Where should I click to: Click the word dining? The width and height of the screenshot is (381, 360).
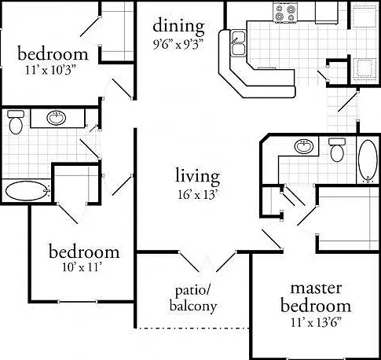178,27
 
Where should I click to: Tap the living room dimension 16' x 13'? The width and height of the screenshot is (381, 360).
197,195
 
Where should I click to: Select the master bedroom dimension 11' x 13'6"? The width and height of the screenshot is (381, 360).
316,322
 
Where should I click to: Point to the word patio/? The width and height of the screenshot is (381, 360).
192,291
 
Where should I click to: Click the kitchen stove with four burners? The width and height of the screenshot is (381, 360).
284,13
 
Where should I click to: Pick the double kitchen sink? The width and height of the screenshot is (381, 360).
238,43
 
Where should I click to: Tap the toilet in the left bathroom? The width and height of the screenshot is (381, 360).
16,122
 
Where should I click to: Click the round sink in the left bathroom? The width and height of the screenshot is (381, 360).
56,118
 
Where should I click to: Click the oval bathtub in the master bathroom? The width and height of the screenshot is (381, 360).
368,161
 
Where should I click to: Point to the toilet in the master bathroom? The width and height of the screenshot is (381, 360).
337,150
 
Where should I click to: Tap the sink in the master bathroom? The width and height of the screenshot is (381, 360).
304,146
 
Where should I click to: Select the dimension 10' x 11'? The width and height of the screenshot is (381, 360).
82,267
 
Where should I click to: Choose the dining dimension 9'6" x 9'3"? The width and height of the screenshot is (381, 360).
178,44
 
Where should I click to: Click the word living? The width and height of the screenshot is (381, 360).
197,177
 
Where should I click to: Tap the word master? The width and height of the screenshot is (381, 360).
316,288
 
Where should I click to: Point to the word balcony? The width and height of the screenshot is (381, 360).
193,307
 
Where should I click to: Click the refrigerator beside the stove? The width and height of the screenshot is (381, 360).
326,13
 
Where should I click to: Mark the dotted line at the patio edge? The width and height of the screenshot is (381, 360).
192,328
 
